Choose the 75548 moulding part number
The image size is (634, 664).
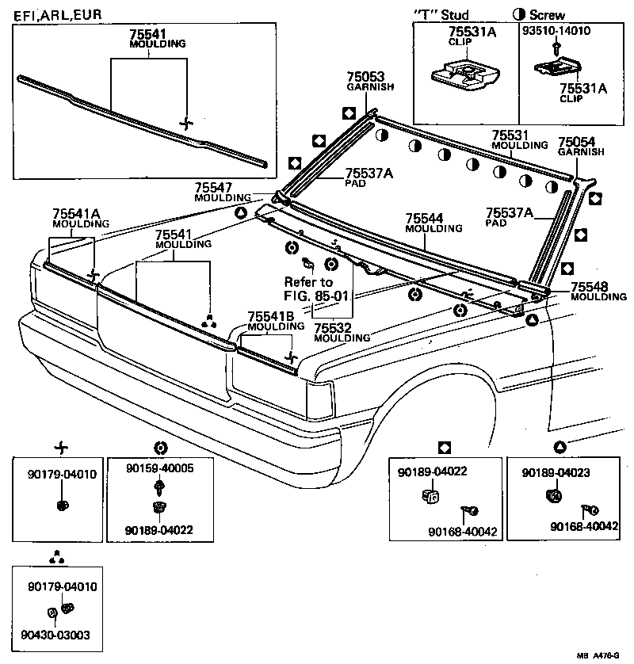(x=587, y=287)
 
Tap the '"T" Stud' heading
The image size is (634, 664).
(x=441, y=14)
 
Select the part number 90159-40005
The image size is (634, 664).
(x=159, y=468)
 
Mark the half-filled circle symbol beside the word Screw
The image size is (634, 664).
(x=520, y=15)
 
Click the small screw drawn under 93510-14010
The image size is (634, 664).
(x=558, y=48)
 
